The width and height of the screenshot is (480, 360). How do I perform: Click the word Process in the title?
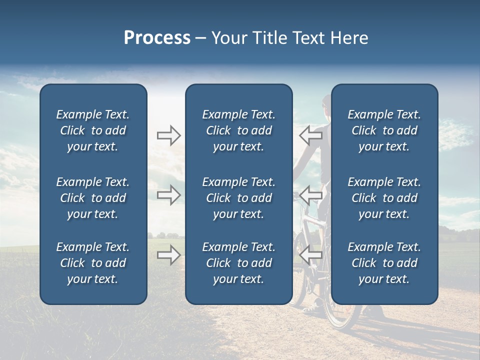(x=157, y=38)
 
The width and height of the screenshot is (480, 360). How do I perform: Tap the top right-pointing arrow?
(x=168, y=135)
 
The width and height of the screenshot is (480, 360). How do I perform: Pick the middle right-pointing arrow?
(x=168, y=195)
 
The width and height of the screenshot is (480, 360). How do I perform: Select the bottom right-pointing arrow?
(x=168, y=255)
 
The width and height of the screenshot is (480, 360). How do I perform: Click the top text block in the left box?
(x=93, y=130)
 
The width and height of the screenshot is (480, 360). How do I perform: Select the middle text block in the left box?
(x=93, y=198)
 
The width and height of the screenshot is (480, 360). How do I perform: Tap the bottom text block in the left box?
(x=93, y=263)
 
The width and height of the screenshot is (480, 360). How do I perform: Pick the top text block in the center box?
(x=239, y=130)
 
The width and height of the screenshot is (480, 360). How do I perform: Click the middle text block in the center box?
(x=239, y=198)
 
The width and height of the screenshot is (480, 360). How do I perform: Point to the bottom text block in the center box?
(x=239, y=263)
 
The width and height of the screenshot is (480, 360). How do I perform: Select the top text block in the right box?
(x=384, y=130)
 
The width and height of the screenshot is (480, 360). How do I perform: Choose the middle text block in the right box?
(x=384, y=198)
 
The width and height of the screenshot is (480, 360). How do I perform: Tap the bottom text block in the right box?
(x=384, y=263)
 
